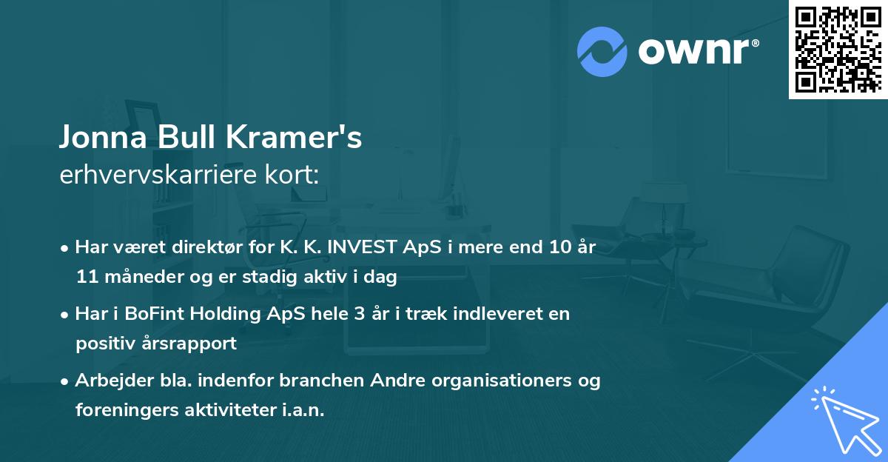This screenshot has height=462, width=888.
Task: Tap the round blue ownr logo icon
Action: [x=603, y=51]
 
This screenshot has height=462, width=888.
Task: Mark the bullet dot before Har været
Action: [x=65, y=248]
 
